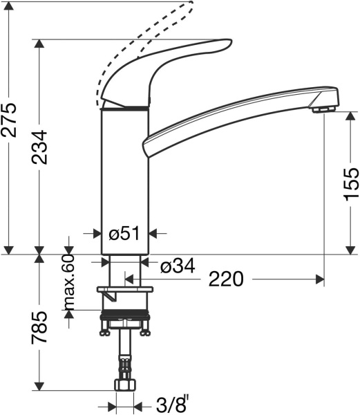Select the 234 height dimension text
click(41, 147)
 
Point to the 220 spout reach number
click(226, 279)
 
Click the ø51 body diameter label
click(125, 234)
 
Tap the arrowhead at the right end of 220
click(320, 279)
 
